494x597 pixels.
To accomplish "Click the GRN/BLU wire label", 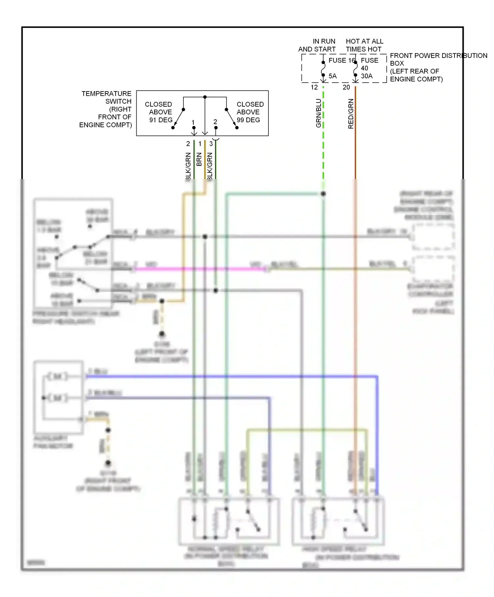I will coord(318,113).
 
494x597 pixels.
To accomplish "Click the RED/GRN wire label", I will coord(351,114).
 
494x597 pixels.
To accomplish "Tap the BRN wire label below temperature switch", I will coord(199,159).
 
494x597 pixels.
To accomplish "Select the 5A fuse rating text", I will coord(333,76).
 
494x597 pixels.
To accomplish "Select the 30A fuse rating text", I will coord(367,76).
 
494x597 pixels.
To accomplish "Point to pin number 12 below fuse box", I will coord(314,88).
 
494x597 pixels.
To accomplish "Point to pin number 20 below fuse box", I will coord(346,88).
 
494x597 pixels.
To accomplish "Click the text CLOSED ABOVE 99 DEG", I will coord(250,112).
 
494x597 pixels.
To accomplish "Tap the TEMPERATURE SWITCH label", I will coord(106,109).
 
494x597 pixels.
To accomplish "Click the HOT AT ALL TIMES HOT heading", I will coord(364,45).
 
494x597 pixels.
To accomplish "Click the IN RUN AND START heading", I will coord(317,45).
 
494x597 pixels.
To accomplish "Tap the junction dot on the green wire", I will coord(323,194).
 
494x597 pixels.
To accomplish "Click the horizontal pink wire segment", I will coord(198,269).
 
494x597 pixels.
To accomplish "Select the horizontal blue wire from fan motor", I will coord(231,376).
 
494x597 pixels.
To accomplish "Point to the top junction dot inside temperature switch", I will coord(205,97).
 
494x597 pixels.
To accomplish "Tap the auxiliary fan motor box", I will coord(59,398).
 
